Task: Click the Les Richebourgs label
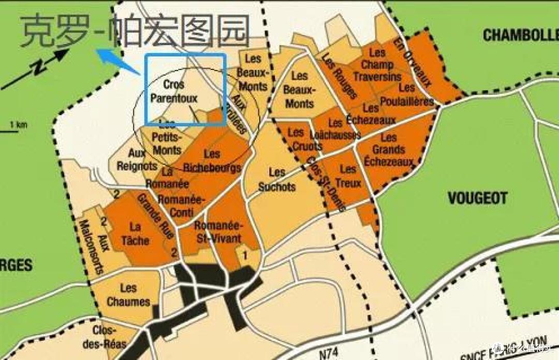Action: click(212, 161)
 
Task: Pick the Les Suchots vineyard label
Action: click(277, 179)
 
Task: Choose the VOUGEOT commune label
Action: click(477, 198)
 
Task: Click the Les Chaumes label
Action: click(128, 295)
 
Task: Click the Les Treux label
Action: click(348, 176)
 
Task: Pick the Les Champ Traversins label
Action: click(377, 65)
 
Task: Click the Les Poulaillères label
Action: click(406, 95)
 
